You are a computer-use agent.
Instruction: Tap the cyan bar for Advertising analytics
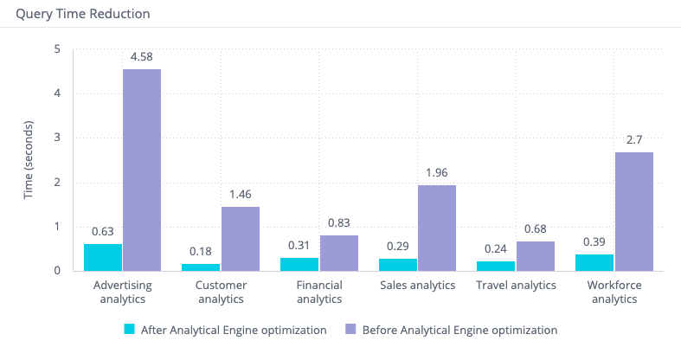pyautogui.click(x=103, y=257)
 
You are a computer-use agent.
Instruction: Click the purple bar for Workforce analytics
pyautogui.click(x=634, y=211)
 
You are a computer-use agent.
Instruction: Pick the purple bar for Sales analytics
pyautogui.click(x=437, y=228)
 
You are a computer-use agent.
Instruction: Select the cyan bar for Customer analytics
pyautogui.click(x=201, y=267)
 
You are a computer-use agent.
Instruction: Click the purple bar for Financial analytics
pyautogui.click(x=338, y=253)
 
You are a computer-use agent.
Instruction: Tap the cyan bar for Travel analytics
pyautogui.click(x=496, y=266)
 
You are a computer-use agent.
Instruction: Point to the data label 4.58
pyautogui.click(x=142, y=58)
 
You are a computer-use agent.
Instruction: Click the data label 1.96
pyautogui.click(x=437, y=173)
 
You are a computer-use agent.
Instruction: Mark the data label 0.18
pyautogui.click(x=201, y=252)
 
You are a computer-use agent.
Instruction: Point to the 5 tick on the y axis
pyautogui.click(x=57, y=49)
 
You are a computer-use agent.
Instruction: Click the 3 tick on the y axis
pyautogui.click(x=57, y=138)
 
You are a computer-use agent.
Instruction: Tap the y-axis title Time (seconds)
pyautogui.click(x=29, y=159)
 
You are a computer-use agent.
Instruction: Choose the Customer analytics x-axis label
pyautogui.click(x=220, y=292)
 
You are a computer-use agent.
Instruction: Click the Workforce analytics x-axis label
pyautogui.click(x=614, y=292)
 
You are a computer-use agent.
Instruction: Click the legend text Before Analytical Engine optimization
pyautogui.click(x=459, y=330)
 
